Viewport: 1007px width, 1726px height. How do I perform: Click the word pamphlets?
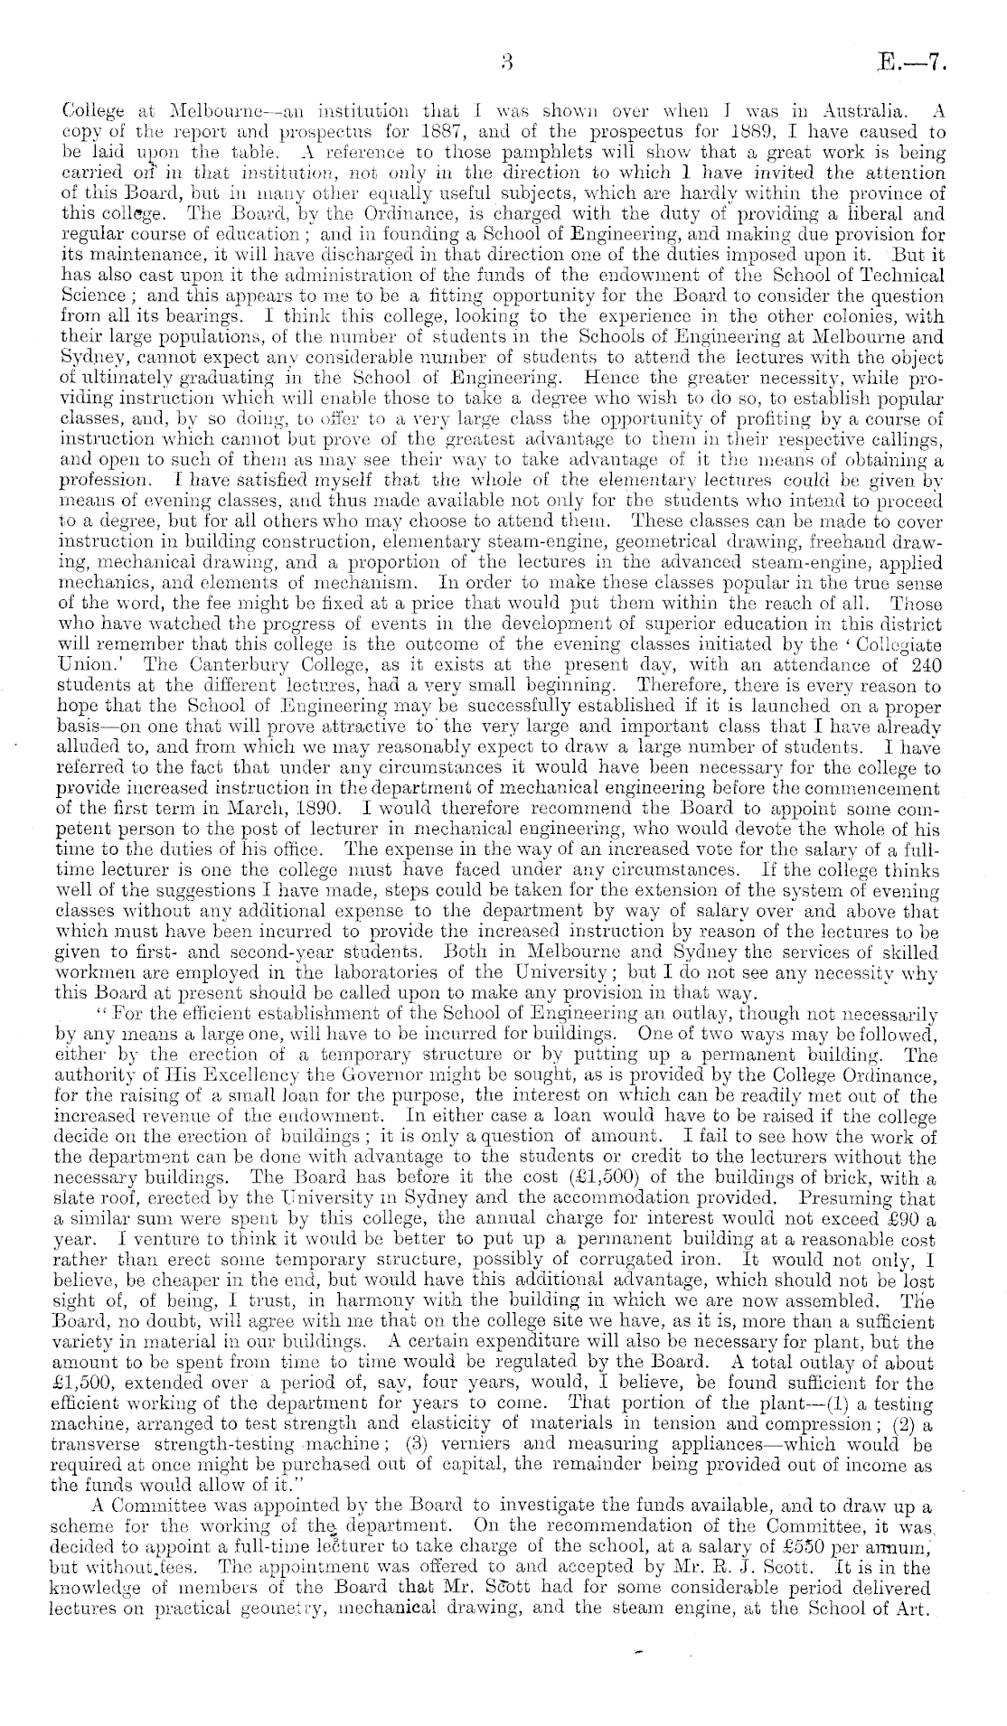[442, 150]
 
